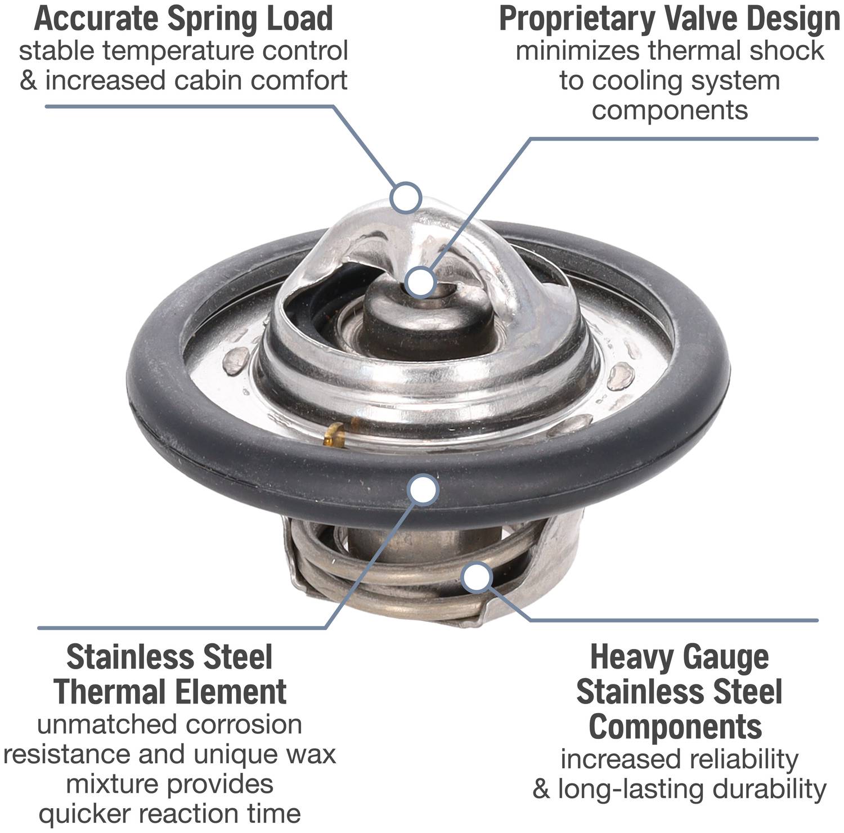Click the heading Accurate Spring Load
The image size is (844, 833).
coord(183,19)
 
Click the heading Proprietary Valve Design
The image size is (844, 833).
coord(670,19)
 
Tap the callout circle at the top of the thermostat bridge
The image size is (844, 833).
coord(406,197)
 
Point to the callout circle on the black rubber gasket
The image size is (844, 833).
coord(423,489)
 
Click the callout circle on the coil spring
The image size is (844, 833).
coord(477,577)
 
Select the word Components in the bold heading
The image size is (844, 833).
coord(675,727)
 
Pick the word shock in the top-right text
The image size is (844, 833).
coord(785,51)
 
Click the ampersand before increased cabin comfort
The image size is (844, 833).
coord(28,80)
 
